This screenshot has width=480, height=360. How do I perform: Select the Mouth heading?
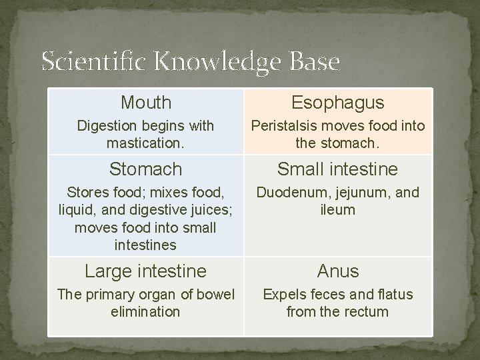(x=146, y=103)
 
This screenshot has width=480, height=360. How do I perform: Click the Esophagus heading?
(x=337, y=103)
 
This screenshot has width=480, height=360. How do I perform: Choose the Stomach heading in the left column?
(x=146, y=169)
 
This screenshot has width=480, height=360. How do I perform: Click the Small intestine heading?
(x=337, y=169)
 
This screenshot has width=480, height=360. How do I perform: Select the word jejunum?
(x=361, y=193)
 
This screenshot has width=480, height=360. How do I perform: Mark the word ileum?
(x=337, y=210)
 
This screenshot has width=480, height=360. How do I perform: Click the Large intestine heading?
(x=146, y=271)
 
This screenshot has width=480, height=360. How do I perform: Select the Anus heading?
(x=337, y=271)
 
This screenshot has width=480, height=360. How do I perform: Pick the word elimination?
(x=146, y=311)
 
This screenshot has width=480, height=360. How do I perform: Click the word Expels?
(x=285, y=295)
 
